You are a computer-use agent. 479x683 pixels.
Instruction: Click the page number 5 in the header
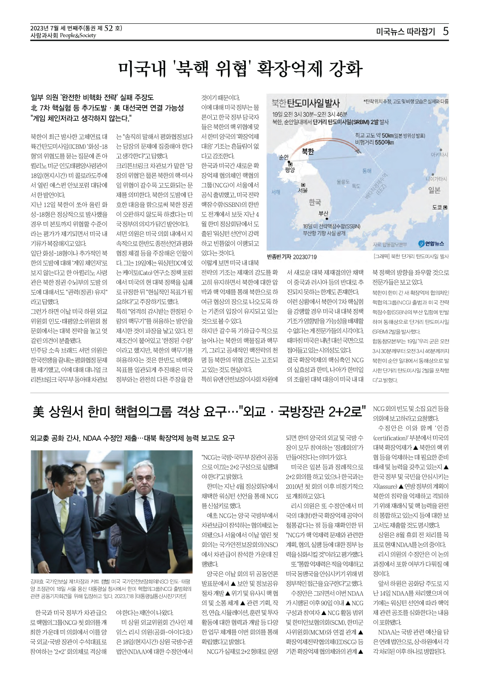click(x=445, y=31)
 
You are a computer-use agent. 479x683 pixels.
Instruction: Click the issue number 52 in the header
click(x=109, y=28)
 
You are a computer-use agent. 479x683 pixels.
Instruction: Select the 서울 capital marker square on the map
click(x=303, y=185)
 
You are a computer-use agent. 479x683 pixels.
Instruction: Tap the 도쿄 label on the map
click(x=437, y=207)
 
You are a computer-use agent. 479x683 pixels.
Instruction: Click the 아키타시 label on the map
click(x=439, y=155)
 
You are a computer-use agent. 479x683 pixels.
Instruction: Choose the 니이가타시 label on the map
click(x=436, y=179)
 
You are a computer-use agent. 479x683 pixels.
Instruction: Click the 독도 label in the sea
click(x=356, y=186)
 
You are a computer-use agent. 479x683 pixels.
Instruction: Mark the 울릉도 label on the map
click(x=343, y=182)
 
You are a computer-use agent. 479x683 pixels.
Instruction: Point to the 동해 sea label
click(x=366, y=171)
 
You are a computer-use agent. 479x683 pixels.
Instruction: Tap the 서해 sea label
click(x=276, y=192)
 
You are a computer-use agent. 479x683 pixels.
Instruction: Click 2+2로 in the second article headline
click(x=348, y=411)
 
